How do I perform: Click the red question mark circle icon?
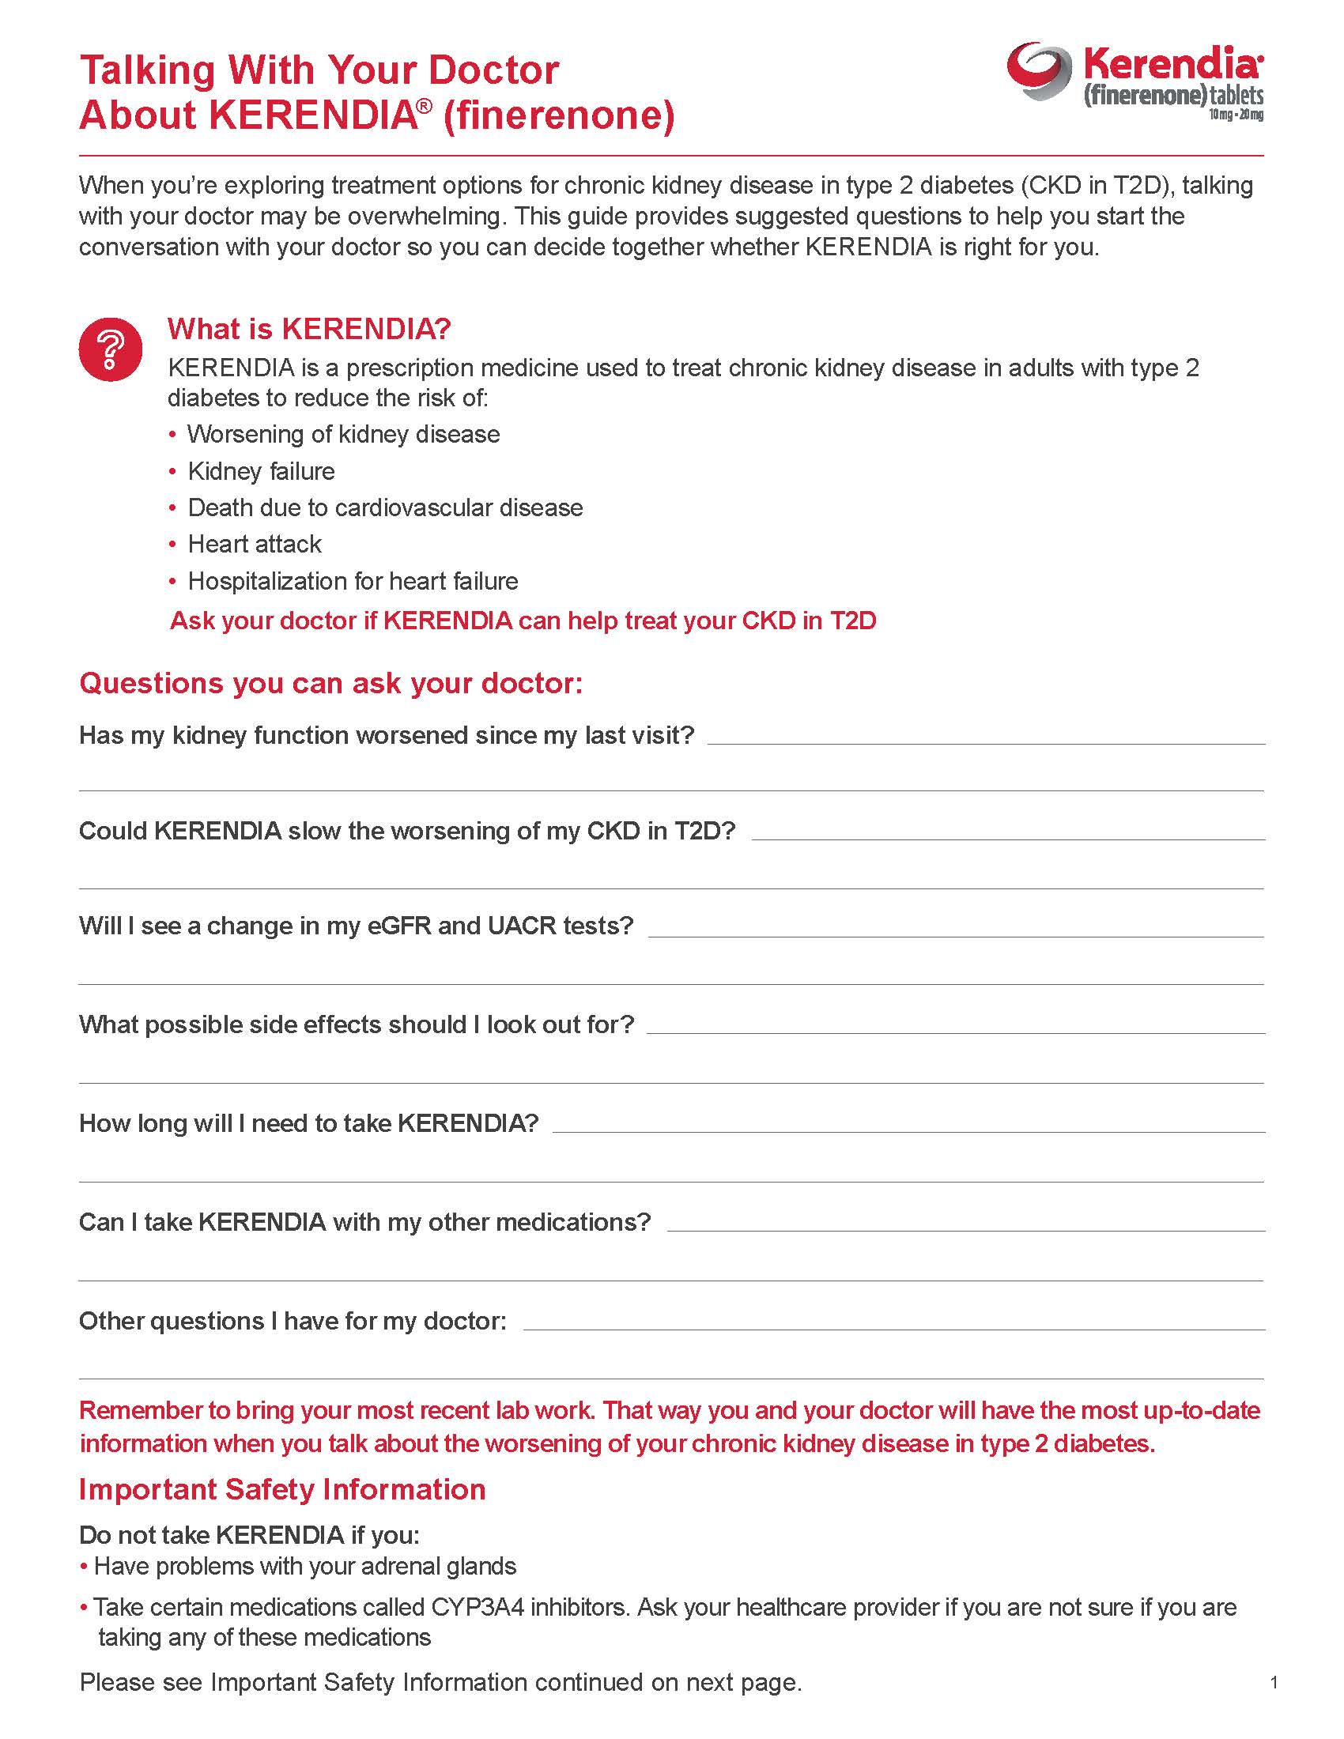[111, 349]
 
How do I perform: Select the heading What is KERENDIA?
[309, 329]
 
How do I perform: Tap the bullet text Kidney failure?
[261, 471]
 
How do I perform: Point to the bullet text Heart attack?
[255, 545]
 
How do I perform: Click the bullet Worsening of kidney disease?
[343, 435]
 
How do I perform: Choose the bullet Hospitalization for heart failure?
[353, 581]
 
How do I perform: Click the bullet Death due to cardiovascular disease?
[385, 508]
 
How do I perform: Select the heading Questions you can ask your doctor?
[330, 683]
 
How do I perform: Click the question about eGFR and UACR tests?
[356, 926]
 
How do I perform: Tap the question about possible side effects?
[356, 1024]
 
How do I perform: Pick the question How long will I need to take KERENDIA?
[309, 1123]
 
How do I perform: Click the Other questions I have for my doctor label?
[293, 1321]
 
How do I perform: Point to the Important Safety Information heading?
[282, 1489]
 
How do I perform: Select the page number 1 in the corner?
[1274, 1683]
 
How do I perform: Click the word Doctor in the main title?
[493, 70]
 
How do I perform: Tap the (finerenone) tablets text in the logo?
[1172, 96]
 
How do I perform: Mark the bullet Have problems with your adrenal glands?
[305, 1566]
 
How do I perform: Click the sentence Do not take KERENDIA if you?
[248, 1534]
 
